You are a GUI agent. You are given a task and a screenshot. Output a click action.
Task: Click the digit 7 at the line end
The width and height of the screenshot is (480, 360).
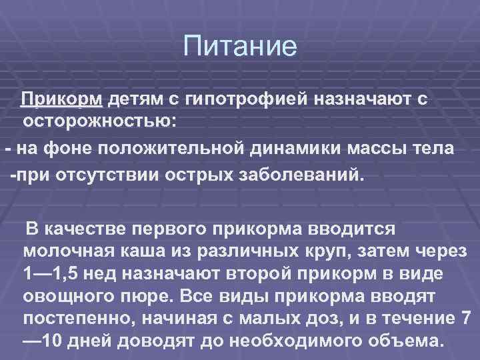(466, 319)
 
